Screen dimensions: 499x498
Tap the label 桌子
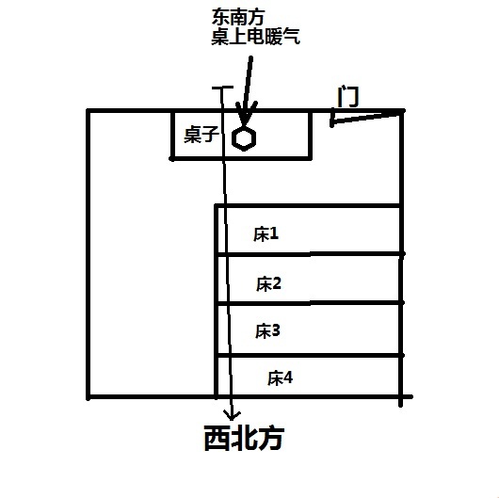201,135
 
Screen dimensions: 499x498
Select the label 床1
266,234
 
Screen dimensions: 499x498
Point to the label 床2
268,283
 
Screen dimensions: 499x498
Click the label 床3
267,331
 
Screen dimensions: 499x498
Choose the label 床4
280,378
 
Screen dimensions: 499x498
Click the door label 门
347,96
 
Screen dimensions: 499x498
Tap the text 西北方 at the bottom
244,438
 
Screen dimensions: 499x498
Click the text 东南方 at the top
238,17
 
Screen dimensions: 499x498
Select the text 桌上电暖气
255,37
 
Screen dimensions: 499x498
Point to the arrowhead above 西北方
233,415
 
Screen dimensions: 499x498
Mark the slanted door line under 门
366,118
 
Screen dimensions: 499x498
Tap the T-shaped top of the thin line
222,88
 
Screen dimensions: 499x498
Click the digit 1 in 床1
274,233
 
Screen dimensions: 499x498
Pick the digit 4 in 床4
288,378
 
